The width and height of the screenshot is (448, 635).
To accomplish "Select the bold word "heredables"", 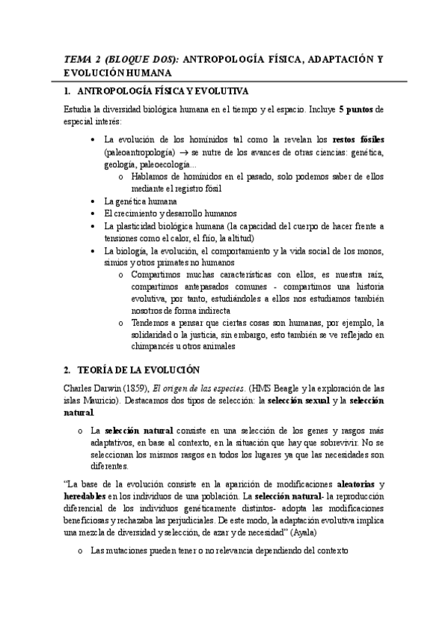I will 86,498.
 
